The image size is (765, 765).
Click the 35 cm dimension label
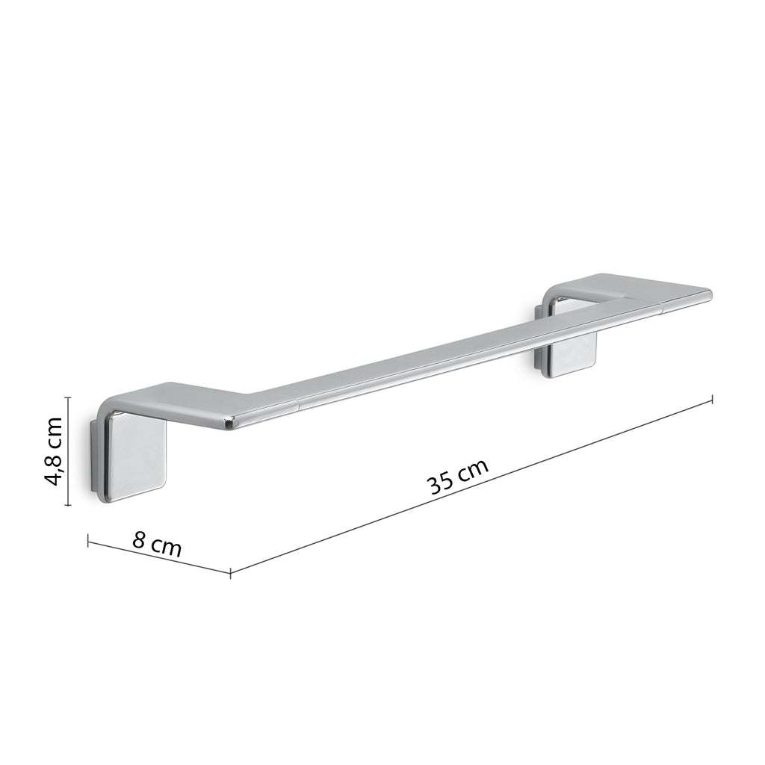[x=458, y=478]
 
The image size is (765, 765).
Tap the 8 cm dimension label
[x=158, y=543]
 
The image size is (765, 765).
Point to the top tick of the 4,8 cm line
[x=68, y=398]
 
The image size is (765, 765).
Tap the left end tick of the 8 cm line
[x=88, y=540]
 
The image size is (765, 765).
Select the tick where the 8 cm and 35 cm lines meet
[x=230, y=572]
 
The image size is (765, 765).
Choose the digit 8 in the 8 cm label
[x=140, y=539]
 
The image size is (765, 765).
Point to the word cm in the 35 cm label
[x=474, y=471]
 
